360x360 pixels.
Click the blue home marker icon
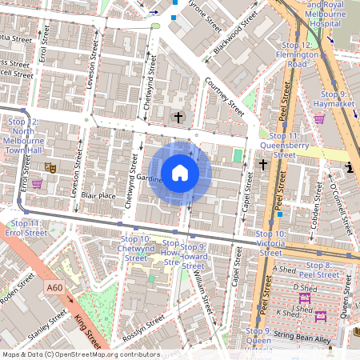pos(180,172)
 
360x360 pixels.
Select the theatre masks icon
pos(49,168)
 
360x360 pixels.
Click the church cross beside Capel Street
pos(263,165)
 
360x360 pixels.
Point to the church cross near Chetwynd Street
pos(178,118)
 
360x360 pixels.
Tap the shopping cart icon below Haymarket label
pos(320,119)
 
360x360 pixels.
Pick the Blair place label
pos(98,195)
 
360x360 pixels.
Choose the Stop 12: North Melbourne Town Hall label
pos(23,136)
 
